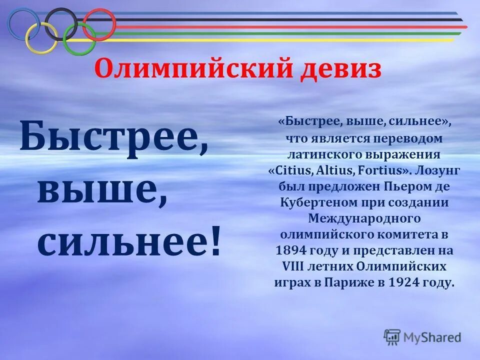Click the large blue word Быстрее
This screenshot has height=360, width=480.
114,134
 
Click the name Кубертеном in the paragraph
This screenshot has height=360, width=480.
316,202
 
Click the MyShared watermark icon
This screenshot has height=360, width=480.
392,336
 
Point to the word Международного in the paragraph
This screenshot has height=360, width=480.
364,218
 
